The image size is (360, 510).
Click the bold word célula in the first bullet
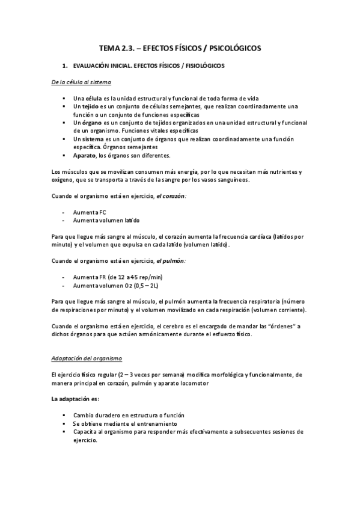point(93,98)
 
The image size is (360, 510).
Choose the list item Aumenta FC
point(85,212)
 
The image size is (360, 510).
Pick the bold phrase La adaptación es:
point(75,399)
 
